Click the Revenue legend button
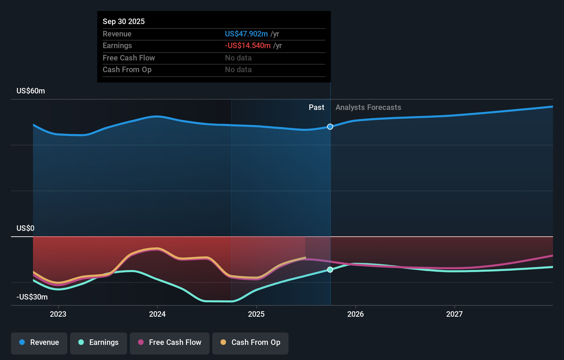(39, 342)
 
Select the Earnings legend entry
(99, 342)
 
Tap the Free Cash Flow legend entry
(170, 342)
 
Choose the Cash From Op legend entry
(250, 342)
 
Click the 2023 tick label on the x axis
(58, 314)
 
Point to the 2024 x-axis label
(157, 314)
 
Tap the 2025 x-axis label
(256, 314)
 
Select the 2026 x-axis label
(356, 314)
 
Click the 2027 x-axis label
(454, 314)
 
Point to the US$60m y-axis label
(31, 91)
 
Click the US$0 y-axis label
(25, 228)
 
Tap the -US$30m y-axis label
(32, 297)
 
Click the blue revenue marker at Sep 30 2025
(330, 127)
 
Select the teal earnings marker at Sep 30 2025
(330, 270)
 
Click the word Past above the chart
(316, 108)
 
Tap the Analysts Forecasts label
(368, 108)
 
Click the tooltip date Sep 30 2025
(124, 21)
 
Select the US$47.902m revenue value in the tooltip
(246, 34)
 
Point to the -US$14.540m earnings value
(248, 46)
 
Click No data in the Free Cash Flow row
(238, 58)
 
